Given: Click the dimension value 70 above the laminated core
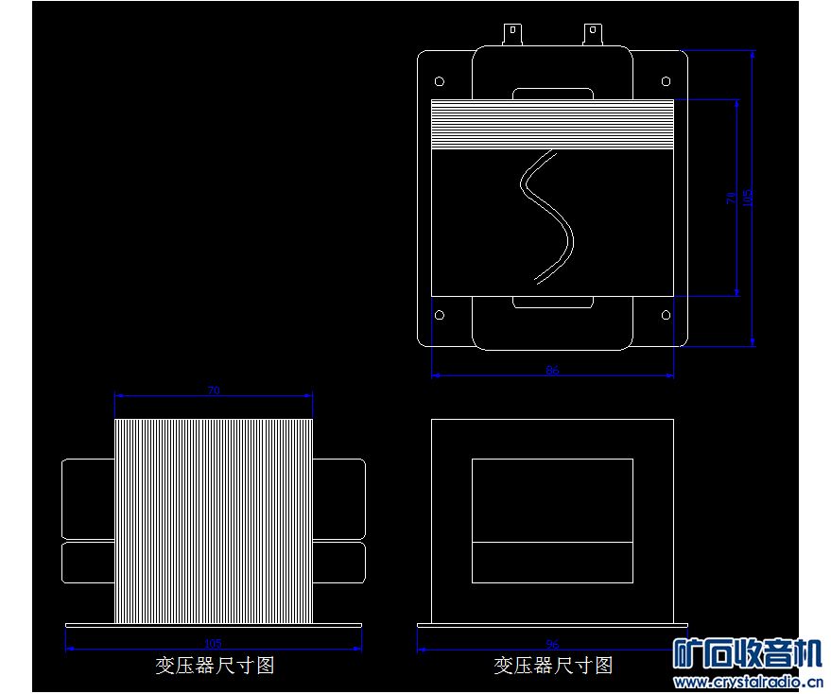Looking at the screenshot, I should click(213, 390).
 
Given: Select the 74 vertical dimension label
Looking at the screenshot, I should click(730, 198).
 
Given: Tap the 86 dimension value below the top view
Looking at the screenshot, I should click(552, 370).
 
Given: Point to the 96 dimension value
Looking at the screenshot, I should click(552, 645).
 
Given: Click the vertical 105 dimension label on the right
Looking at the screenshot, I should click(748, 198).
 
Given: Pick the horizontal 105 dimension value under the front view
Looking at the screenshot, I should click(213, 644).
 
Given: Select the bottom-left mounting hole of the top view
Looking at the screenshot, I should click(439, 315).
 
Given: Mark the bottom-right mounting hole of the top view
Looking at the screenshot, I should click(667, 315).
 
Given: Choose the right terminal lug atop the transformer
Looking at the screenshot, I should click(592, 35).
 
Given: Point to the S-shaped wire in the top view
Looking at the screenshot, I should click(547, 217).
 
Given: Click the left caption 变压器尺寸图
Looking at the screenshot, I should click(215, 665).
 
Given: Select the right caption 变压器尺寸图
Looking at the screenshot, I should click(553, 665).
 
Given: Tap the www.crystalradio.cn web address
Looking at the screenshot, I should click(747, 682).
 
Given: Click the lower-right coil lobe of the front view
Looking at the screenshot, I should click(338, 563).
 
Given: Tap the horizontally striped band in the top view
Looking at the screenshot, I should click(552, 124).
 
